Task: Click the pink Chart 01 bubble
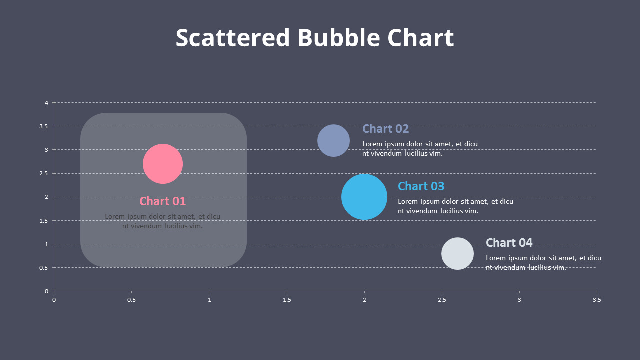[x=163, y=164]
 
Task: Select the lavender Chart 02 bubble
[x=333, y=140]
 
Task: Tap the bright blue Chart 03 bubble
[x=364, y=197]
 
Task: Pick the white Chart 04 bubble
[x=457, y=253]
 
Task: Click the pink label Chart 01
[x=162, y=201]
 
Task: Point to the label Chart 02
[x=385, y=129]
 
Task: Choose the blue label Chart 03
[x=421, y=186]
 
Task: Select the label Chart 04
[x=509, y=243]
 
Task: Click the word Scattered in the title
[x=232, y=38]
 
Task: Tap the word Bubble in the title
[x=339, y=38]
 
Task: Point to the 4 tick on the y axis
[x=46, y=103]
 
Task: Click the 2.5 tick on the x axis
[x=442, y=300]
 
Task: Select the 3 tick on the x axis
[x=519, y=300]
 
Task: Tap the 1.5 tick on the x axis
[x=287, y=300]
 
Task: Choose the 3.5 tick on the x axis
[x=597, y=300]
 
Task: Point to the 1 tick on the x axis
[x=209, y=300]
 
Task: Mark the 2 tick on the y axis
[x=46, y=197]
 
